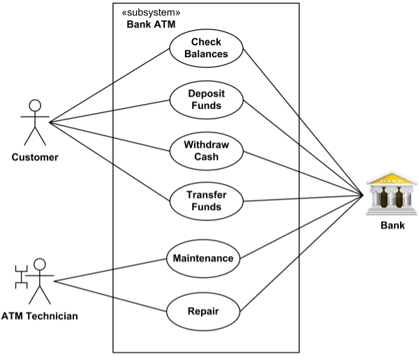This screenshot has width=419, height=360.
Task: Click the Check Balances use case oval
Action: [x=206, y=48]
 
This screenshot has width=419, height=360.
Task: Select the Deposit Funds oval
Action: [x=206, y=100]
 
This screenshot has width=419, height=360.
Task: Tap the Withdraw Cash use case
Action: [x=206, y=151]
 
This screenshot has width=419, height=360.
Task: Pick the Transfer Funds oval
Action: [x=206, y=201]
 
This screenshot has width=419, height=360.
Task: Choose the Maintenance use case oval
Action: [x=203, y=258]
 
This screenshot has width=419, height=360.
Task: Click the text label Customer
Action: [x=35, y=158]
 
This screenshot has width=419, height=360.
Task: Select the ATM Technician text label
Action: [x=39, y=317]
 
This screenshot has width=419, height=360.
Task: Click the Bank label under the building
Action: [x=392, y=225]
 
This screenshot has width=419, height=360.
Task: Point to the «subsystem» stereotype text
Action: [x=151, y=13]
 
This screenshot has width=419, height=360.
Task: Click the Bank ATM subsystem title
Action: [x=151, y=24]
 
